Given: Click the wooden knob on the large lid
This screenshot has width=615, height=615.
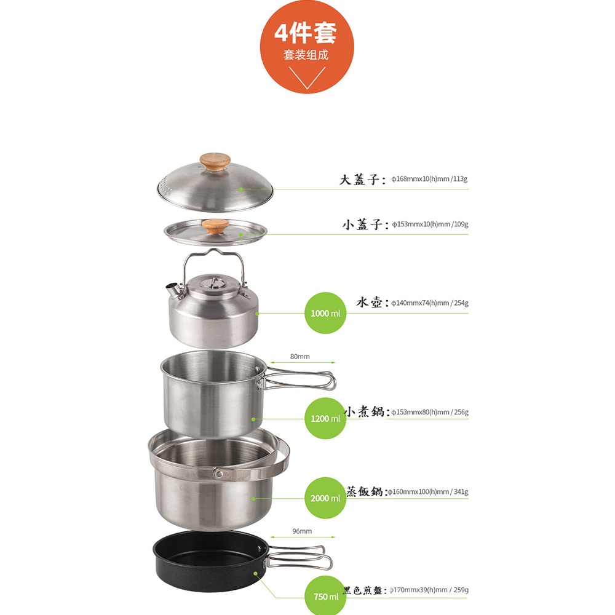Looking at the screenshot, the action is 215,161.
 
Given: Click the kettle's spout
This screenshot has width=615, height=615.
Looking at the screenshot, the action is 173,290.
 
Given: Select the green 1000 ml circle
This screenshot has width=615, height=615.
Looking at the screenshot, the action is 325,313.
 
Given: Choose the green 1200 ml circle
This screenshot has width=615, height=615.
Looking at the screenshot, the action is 325,418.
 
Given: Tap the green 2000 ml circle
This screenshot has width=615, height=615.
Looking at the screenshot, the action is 325,498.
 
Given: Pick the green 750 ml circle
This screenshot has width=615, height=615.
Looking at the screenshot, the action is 325,595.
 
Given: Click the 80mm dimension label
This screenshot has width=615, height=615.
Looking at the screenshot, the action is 300,357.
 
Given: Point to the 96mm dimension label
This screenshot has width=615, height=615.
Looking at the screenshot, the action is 302,531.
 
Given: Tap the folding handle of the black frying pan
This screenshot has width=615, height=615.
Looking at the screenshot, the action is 298,557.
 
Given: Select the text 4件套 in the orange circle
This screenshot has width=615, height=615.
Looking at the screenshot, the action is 305,33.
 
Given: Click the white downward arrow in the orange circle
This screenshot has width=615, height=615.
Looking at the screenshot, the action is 307,77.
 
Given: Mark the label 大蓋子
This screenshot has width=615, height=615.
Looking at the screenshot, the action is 360,179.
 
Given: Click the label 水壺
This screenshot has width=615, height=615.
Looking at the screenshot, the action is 369,303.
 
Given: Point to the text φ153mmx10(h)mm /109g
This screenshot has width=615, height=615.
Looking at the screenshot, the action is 430,224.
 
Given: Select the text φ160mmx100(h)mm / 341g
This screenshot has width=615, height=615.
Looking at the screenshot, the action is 428,492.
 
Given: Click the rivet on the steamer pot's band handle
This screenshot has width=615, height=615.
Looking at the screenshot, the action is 219,475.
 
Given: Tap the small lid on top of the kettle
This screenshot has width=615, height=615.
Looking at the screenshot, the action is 212,282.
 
